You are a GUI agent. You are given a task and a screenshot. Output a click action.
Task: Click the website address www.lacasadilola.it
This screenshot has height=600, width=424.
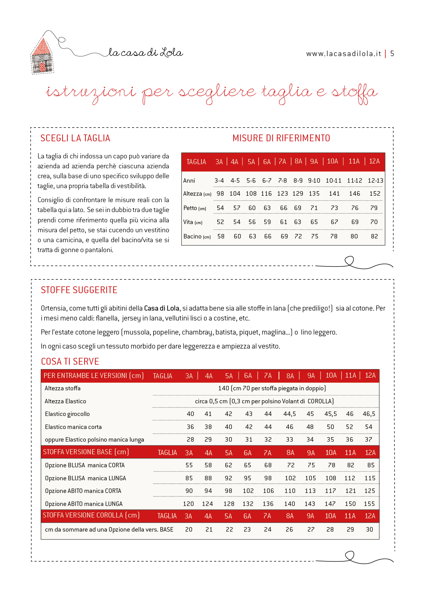[x=343, y=54]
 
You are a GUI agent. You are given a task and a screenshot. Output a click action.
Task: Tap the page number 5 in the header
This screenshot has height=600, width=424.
[x=392, y=54]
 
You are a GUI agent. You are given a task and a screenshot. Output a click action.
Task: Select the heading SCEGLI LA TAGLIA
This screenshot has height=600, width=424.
[x=75, y=138]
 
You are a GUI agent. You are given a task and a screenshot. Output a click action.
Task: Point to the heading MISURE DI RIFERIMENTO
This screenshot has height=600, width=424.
[x=281, y=138]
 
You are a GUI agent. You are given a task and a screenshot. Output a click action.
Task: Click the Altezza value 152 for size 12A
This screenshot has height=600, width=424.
[x=375, y=194]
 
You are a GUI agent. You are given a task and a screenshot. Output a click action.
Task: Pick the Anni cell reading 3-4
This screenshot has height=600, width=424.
[x=219, y=181]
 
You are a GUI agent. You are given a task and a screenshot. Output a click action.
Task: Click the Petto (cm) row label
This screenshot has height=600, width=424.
[x=195, y=208]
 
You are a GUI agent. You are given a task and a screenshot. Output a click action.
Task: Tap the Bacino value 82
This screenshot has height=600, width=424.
[x=374, y=236]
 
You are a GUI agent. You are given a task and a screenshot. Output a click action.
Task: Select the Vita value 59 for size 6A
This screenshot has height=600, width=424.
[x=267, y=222]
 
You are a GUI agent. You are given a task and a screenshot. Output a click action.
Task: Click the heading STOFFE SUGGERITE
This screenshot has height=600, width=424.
[x=79, y=290]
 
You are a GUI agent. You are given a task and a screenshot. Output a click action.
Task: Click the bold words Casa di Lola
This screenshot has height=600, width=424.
[x=161, y=308]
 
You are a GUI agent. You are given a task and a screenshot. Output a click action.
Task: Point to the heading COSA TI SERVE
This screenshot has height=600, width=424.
[x=70, y=362]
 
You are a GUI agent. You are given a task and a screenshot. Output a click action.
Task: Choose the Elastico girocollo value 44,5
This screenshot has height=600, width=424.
[x=289, y=414]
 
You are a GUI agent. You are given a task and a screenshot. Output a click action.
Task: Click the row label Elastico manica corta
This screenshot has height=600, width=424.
[x=73, y=427]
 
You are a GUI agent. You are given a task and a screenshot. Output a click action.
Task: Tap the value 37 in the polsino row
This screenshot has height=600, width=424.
[x=368, y=440]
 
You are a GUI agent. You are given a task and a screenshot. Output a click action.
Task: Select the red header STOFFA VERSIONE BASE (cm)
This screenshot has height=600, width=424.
[x=86, y=452]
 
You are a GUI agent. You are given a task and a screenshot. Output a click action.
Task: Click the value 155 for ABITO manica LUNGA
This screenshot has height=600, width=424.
[x=369, y=504]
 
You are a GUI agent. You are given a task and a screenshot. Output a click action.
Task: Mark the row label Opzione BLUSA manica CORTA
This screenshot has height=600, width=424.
[x=85, y=465]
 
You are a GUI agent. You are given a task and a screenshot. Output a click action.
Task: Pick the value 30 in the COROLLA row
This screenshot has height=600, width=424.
[x=369, y=530]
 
